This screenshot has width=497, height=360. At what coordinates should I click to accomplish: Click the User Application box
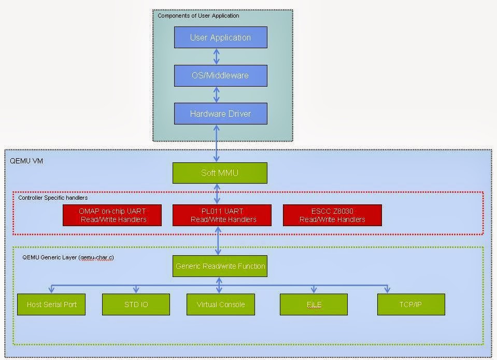tap(220, 37)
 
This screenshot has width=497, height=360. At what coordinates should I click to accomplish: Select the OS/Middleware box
tap(220, 75)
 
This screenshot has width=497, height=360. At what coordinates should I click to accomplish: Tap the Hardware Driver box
tap(220, 114)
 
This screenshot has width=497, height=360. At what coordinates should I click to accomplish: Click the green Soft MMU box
tap(220, 173)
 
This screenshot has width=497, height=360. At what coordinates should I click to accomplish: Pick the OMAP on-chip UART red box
tap(112, 215)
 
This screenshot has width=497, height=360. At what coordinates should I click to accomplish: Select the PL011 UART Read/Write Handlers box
tap(222, 215)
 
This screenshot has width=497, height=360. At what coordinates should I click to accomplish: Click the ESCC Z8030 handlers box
tap(332, 215)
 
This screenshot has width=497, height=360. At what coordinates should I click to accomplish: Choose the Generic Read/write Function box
tap(220, 266)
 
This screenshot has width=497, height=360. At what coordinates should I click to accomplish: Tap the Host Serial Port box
tap(51, 304)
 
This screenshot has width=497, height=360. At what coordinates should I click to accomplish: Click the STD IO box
tap(136, 304)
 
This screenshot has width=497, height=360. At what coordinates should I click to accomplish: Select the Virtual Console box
tap(221, 304)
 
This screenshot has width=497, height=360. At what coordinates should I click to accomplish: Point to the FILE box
tap(314, 304)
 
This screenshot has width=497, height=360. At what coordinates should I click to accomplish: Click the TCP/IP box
tap(411, 304)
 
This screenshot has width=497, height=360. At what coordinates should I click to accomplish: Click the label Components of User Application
tap(198, 16)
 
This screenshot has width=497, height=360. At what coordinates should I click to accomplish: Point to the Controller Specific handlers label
tap(53, 198)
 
